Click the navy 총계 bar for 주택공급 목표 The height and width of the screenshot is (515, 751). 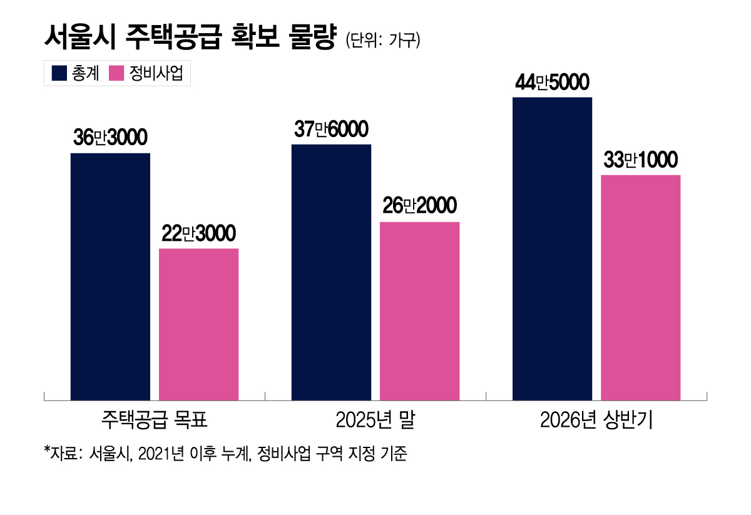click(x=110, y=276)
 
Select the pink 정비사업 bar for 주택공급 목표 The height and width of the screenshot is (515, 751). click(x=198, y=324)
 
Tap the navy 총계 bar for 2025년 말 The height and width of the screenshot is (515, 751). click(x=331, y=272)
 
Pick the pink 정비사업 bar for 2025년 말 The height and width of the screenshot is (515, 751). click(x=419, y=311)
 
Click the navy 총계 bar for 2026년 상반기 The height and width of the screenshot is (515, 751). click(x=552, y=248)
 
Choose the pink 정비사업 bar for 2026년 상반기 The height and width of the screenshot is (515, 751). click(x=640, y=287)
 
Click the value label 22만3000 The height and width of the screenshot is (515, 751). click(x=198, y=234)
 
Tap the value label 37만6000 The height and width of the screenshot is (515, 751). click(x=331, y=130)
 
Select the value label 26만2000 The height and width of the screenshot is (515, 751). click(x=419, y=207)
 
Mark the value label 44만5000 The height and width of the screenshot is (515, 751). click(x=552, y=83)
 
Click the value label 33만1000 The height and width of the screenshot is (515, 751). click(x=640, y=161)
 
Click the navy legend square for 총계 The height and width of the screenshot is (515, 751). click(x=59, y=73)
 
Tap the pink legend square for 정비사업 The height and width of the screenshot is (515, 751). click(x=116, y=73)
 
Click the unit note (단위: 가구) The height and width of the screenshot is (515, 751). click(x=382, y=41)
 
